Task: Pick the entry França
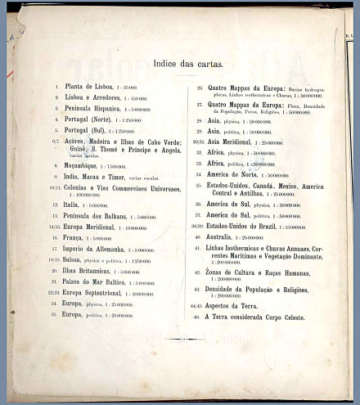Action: [77, 238]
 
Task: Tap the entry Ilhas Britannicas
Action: [92, 272]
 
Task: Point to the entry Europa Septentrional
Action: [100, 294]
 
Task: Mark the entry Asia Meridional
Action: [234, 141]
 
